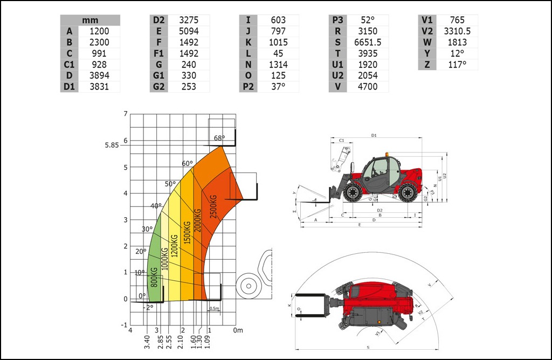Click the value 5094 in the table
coord(188,31)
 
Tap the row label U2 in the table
coord(338,75)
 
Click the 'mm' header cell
coord(89,20)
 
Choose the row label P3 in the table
coord(338,20)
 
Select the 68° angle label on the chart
coord(219,138)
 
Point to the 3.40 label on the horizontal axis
coord(147,342)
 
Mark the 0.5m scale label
coord(214,308)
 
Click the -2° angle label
coord(149,307)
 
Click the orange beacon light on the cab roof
coord(387,155)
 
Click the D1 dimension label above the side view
coord(374,135)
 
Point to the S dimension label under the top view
coord(368,348)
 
